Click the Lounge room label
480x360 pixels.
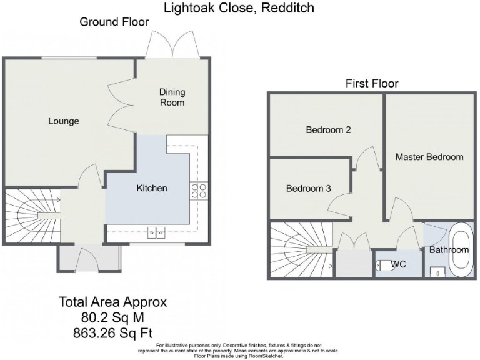pos(64,121)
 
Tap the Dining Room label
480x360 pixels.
pos(172,97)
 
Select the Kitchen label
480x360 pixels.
pos(152,188)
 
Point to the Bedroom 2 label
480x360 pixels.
pos(328,130)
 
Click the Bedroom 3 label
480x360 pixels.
pos(308,188)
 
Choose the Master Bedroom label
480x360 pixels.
pos(429,157)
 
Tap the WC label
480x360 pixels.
pos(399,264)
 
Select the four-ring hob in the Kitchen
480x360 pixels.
pos(199,191)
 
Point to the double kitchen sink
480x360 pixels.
pos(156,232)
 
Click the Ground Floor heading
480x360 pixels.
pos(114,22)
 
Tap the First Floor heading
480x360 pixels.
pos(372,84)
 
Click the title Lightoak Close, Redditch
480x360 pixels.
pos(239,8)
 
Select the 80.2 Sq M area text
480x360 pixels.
pos(113,317)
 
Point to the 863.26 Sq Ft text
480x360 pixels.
pos(113,332)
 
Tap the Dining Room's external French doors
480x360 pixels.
pos(172,47)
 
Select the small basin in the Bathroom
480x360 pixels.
pos(437,272)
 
